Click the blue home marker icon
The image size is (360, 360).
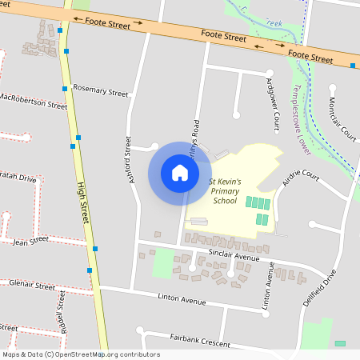[179, 173]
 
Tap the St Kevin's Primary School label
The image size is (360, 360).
[226, 191]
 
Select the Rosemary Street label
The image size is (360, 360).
[100, 92]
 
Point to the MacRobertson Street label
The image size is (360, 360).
[34, 101]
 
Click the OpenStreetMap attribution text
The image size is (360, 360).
[80, 354]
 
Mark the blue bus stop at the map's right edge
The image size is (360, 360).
[353, 66]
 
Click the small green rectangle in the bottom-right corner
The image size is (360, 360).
[340, 343]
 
